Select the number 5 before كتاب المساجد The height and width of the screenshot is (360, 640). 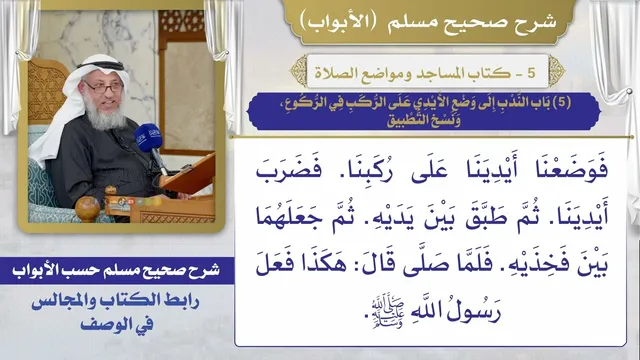(531, 73)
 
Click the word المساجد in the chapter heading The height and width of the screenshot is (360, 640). (440, 73)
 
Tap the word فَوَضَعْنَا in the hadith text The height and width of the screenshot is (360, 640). (572, 168)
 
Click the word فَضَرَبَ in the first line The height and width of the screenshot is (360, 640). (289, 168)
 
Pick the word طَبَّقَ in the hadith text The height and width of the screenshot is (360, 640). (486, 216)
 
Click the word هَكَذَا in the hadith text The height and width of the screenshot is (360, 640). (319, 263)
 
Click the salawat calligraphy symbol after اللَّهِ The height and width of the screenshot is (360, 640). (387, 311)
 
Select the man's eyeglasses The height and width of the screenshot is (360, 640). (103, 87)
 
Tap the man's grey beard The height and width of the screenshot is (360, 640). (106, 113)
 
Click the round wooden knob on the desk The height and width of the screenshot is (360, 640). (87, 208)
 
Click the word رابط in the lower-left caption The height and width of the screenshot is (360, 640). (181, 301)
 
